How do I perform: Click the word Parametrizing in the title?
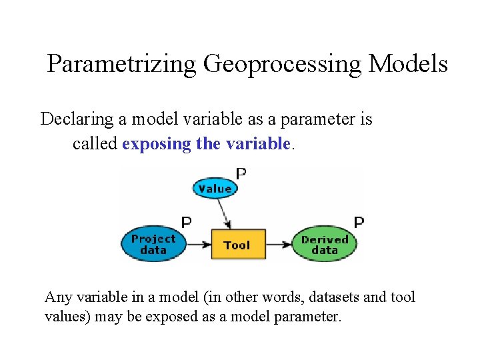(x=122, y=64)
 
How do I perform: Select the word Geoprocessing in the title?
(x=283, y=64)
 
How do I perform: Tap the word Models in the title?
(x=408, y=64)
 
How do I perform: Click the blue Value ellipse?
(x=215, y=189)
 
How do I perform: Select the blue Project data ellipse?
(x=153, y=244)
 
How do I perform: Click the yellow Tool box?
(x=238, y=245)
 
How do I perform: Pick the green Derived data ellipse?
(x=325, y=244)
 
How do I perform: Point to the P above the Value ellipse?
(x=241, y=173)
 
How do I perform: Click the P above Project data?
(x=187, y=222)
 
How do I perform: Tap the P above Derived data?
(x=359, y=222)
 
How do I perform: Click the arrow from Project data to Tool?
(x=197, y=245)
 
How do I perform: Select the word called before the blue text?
(x=95, y=143)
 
